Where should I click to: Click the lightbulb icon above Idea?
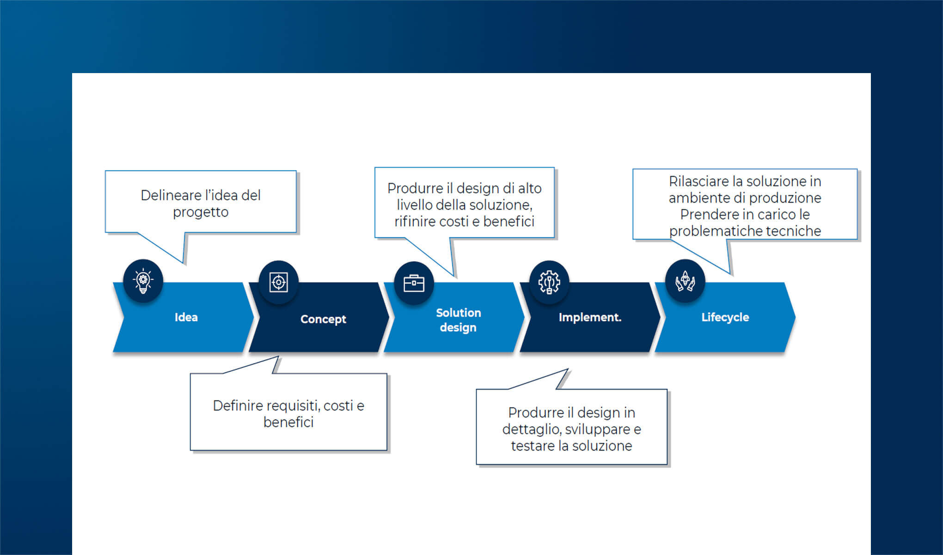[x=143, y=281]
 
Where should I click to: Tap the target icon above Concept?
[x=278, y=282]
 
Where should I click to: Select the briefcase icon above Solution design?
[x=414, y=283]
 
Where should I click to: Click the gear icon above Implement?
[x=549, y=282]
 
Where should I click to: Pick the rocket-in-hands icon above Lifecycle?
[x=685, y=281]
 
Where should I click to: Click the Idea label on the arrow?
[x=186, y=317]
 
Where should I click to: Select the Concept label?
[x=323, y=319]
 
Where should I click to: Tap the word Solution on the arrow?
[x=458, y=313]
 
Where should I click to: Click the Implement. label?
[x=590, y=317]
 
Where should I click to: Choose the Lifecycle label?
[x=725, y=317]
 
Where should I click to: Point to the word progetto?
[x=201, y=212]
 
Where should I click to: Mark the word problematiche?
[x=715, y=231]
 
